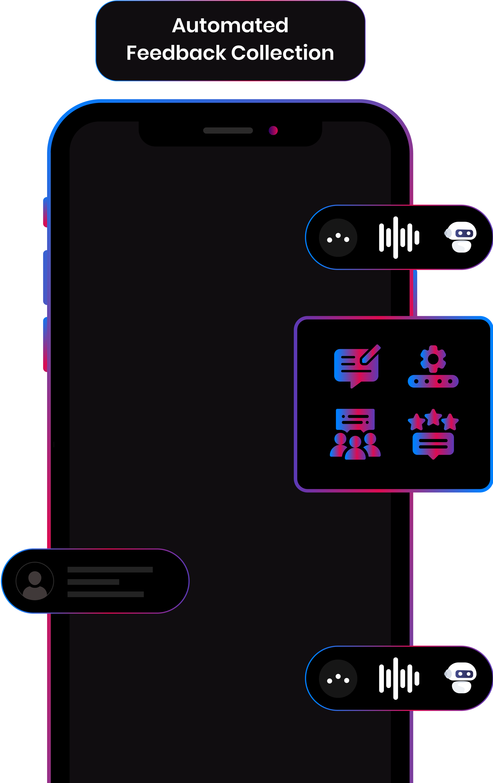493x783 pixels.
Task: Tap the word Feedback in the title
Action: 176,53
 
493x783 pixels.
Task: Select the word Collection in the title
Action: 283,53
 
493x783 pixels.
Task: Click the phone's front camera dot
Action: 273,130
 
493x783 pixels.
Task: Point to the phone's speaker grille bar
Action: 228,130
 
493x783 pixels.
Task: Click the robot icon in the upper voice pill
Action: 461,237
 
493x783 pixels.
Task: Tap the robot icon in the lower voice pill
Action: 461,678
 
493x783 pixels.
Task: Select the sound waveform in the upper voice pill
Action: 399,237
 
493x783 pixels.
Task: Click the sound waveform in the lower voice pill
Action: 399,678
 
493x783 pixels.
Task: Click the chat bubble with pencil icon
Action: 357,366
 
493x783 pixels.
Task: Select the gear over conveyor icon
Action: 433,366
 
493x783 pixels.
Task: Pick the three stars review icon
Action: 433,434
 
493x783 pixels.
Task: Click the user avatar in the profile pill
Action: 35,581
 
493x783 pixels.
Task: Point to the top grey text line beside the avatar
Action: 110,569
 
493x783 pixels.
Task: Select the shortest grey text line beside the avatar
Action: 93,582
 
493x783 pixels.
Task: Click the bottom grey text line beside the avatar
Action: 105,594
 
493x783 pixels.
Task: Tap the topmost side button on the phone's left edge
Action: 45,212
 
